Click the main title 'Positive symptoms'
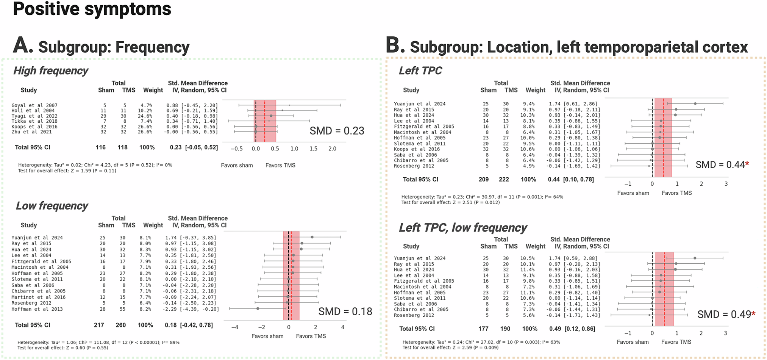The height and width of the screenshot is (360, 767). pos(92,9)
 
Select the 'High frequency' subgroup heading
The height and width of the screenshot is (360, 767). pos(51,71)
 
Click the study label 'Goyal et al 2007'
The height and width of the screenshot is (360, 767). pos(34,105)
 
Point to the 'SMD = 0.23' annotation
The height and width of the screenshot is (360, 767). pos(337,131)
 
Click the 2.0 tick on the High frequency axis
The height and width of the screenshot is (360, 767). pos(332,149)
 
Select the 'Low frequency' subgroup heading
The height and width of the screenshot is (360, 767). pos(52,206)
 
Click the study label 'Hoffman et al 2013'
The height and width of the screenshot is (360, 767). pos(37,309)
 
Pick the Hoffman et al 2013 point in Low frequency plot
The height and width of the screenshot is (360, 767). pos(258,308)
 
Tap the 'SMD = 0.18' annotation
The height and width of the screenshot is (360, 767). pos(345,311)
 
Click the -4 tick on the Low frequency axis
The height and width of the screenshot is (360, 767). pos(235,327)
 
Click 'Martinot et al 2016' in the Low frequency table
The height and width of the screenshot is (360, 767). pos(38,297)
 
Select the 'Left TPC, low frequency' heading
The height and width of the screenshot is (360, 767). pos(462,228)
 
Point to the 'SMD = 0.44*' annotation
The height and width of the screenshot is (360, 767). pos(722,165)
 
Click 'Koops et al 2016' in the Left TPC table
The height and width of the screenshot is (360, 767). pos(417,149)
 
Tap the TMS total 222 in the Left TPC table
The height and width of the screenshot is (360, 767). pos(504,179)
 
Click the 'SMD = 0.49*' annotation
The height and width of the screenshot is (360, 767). pos(726,315)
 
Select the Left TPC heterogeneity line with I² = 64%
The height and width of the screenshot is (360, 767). pos(482,197)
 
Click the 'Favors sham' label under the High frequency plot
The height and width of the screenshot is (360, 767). pos(237,165)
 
